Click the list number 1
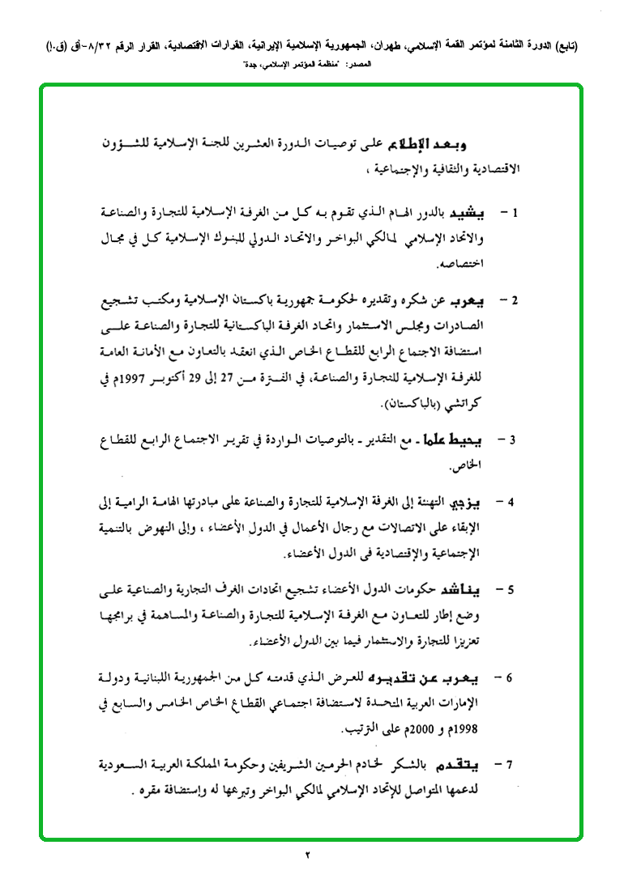click(x=515, y=214)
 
